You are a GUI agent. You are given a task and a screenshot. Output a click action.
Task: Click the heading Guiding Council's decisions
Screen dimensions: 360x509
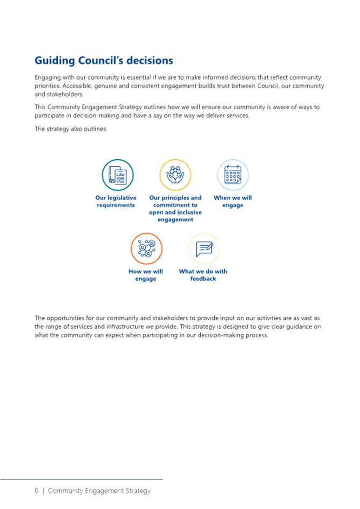[104, 61]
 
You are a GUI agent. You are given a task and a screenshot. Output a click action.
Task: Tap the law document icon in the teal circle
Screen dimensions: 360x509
[118, 175]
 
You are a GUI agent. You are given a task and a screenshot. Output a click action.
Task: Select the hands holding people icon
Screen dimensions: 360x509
[175, 175]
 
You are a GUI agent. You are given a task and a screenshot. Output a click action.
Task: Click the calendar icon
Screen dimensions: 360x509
[233, 175]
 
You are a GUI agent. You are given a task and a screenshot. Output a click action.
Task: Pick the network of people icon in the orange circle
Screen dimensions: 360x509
[147, 248]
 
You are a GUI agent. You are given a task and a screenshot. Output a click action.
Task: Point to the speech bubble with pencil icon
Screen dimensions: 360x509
[204, 249]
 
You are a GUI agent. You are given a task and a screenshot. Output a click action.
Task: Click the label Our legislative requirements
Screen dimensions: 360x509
[116, 201]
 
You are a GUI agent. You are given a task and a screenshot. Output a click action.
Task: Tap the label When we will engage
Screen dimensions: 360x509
[233, 201]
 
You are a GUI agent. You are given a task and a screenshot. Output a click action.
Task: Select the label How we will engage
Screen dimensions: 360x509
[146, 275]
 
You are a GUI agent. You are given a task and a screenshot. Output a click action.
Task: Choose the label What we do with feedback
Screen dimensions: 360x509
[203, 275]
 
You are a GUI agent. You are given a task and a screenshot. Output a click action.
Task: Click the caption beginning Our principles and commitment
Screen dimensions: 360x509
[175, 209]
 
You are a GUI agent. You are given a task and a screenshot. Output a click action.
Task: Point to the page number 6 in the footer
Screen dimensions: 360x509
[37, 491]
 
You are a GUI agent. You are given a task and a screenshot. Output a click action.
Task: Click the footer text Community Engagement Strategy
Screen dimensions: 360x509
[99, 491]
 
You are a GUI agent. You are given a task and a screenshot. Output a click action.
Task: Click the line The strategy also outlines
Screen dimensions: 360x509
[71, 129]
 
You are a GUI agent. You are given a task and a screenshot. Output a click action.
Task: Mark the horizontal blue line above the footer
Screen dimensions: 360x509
[82, 479]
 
